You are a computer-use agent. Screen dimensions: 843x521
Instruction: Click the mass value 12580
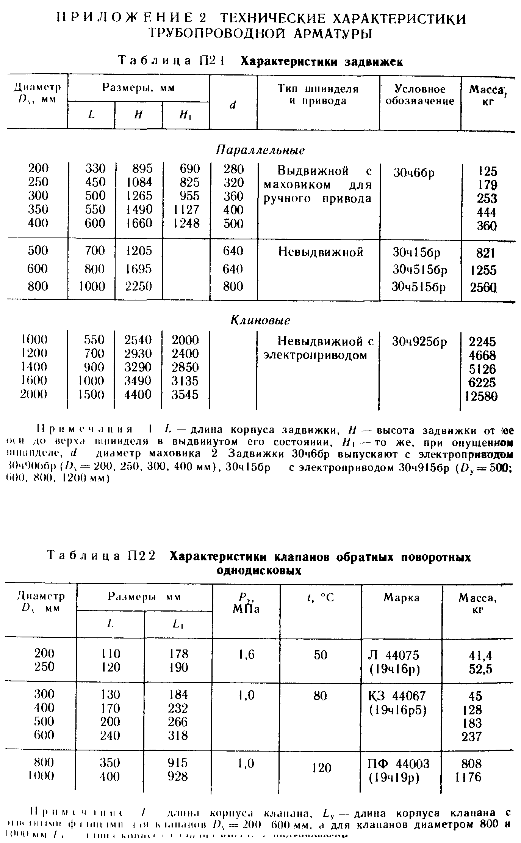pyautogui.click(x=481, y=396)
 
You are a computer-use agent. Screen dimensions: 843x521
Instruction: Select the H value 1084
pyautogui.click(x=139, y=182)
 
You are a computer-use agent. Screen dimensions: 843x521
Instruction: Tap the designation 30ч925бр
pyautogui.click(x=419, y=342)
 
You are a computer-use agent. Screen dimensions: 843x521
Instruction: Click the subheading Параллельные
pyautogui.click(x=260, y=150)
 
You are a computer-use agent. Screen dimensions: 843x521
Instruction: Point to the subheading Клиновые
pyautogui.click(x=260, y=321)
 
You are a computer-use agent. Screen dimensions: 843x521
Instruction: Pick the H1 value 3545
pyautogui.click(x=185, y=395)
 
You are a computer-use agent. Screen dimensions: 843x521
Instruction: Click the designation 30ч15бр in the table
pyautogui.click(x=416, y=252)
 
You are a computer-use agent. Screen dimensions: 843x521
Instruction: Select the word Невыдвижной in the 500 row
pyautogui.click(x=321, y=252)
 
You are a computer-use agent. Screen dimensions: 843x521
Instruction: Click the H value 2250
pyautogui.click(x=138, y=286)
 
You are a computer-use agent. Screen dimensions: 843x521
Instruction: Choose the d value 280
pyautogui.click(x=233, y=169)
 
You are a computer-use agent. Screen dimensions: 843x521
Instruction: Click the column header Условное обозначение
pyautogui.click(x=420, y=95)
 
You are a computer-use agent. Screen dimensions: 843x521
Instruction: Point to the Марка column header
pyautogui.click(x=402, y=598)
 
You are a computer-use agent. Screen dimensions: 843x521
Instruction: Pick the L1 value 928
pyautogui.click(x=178, y=776)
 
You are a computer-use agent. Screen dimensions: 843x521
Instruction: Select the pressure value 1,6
pyautogui.click(x=246, y=654)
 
